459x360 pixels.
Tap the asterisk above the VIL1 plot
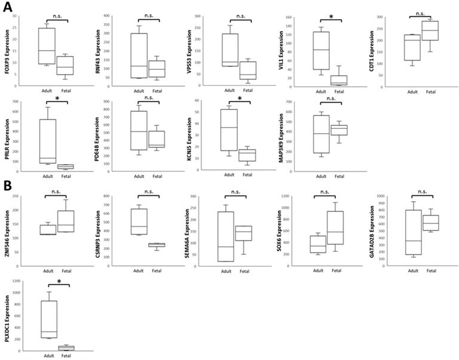(331, 17)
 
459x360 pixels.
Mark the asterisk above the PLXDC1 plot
(59, 281)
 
